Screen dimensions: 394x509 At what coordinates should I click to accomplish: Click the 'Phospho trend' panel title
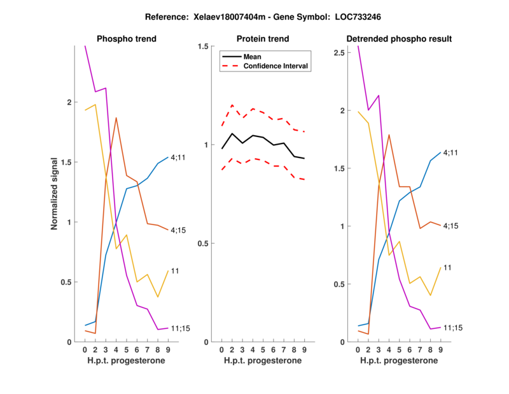(x=127, y=39)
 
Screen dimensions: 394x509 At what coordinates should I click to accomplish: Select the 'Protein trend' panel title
(x=262, y=39)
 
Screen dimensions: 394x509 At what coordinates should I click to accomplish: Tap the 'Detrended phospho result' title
(x=399, y=39)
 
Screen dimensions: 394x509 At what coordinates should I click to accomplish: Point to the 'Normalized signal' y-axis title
(x=56, y=194)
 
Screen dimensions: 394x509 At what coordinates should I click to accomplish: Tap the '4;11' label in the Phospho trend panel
(x=179, y=157)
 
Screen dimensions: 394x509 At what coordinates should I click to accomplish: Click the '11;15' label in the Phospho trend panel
(x=181, y=328)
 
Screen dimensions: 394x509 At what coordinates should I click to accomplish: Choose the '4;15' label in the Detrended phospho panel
(x=451, y=226)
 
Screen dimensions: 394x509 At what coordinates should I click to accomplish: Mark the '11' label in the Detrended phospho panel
(x=447, y=267)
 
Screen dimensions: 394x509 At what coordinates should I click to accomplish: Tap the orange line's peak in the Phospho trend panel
(x=116, y=117)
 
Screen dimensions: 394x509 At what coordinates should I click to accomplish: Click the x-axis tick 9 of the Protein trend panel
(x=304, y=349)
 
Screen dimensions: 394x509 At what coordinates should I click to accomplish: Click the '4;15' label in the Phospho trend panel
(x=179, y=230)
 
